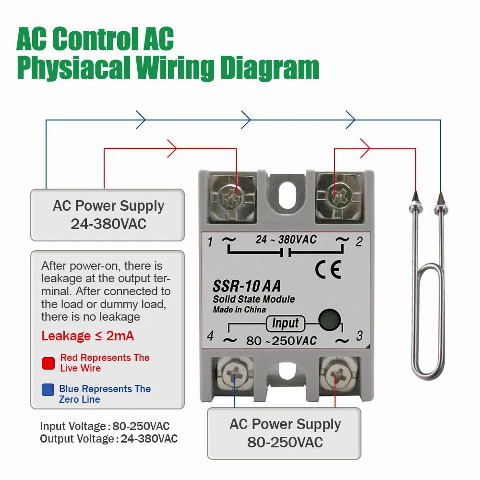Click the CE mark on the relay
click(328, 270)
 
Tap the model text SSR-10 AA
click(246, 287)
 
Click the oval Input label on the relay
click(285, 323)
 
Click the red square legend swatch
click(48, 363)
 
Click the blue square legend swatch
click(48, 390)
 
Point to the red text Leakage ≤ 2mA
click(88, 336)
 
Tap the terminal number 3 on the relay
click(359, 336)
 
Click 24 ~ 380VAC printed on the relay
click(286, 239)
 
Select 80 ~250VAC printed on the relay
click(282, 341)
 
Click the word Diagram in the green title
click(270, 69)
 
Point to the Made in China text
click(239, 310)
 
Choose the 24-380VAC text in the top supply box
click(108, 224)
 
